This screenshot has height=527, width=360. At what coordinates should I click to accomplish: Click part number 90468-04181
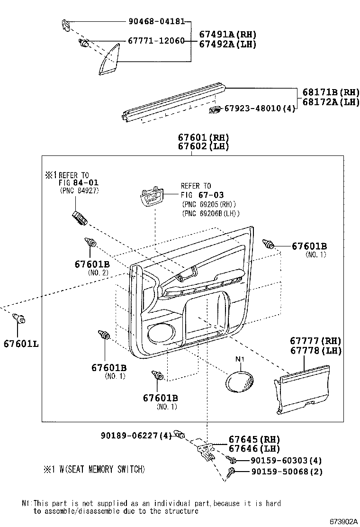click(156, 21)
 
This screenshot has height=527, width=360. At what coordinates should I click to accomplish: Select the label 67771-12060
click(156, 41)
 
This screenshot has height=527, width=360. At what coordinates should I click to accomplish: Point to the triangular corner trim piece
click(110, 60)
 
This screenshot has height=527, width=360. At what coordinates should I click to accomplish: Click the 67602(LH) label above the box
click(203, 146)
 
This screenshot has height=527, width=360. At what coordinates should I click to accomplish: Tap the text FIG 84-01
click(79, 182)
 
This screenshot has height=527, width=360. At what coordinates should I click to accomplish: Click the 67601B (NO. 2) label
click(92, 264)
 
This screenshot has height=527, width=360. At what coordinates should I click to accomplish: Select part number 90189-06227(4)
click(136, 436)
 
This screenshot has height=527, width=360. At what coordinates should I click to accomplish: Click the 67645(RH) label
click(254, 439)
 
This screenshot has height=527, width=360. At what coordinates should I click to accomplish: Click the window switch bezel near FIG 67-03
click(151, 197)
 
